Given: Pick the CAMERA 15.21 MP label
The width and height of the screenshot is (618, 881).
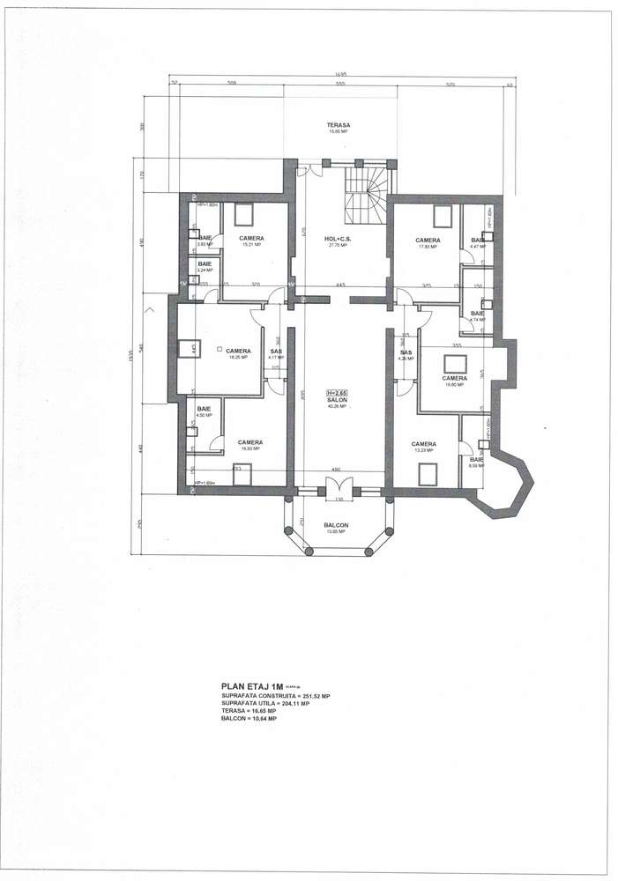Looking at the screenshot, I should [x=251, y=240].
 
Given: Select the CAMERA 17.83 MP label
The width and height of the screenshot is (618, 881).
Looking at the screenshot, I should [x=428, y=241].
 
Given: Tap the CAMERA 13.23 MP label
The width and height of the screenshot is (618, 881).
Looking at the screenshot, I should [x=423, y=444].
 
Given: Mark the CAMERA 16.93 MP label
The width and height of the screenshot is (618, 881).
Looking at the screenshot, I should [x=250, y=443].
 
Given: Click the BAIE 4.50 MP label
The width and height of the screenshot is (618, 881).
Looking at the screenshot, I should [x=204, y=411].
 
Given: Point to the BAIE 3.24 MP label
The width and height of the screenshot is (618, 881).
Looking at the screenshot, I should [x=205, y=265].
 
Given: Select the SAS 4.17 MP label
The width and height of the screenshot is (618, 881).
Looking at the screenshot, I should [x=276, y=353].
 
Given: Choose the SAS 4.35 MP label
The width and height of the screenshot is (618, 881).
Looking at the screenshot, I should [x=406, y=354].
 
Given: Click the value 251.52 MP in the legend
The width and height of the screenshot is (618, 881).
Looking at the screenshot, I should [x=313, y=696].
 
